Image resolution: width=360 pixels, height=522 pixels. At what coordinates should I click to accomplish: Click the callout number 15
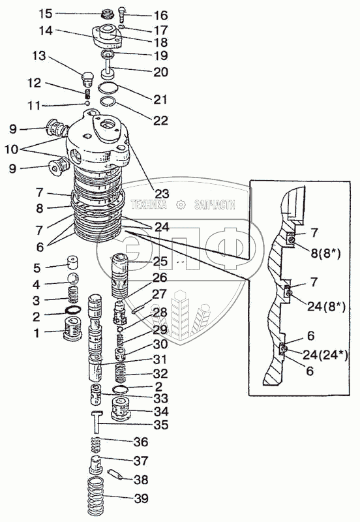click(x=45, y=14)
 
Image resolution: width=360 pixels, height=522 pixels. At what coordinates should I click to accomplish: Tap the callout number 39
click(x=141, y=499)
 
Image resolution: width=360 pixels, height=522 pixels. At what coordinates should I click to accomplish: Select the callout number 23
click(x=162, y=193)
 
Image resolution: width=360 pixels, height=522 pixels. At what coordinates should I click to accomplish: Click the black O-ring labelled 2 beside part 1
click(x=73, y=311)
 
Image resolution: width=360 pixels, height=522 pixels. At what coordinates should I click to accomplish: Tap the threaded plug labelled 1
click(x=72, y=328)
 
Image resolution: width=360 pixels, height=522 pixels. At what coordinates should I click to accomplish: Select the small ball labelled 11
click(x=88, y=103)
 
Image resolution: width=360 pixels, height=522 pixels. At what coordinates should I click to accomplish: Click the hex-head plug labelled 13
click(x=88, y=79)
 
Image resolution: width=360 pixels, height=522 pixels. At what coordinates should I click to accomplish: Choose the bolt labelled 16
click(x=122, y=14)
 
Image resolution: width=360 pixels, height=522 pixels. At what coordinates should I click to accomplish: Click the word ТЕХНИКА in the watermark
click(x=149, y=204)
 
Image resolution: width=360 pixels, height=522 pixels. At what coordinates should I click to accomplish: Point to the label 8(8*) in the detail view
click(x=325, y=253)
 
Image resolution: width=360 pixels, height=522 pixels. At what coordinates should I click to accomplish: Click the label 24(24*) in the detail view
click(x=325, y=356)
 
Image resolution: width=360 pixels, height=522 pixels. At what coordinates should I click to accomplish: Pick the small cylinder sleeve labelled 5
click(x=73, y=262)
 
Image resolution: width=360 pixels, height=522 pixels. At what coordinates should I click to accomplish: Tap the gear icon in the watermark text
click(x=181, y=205)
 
